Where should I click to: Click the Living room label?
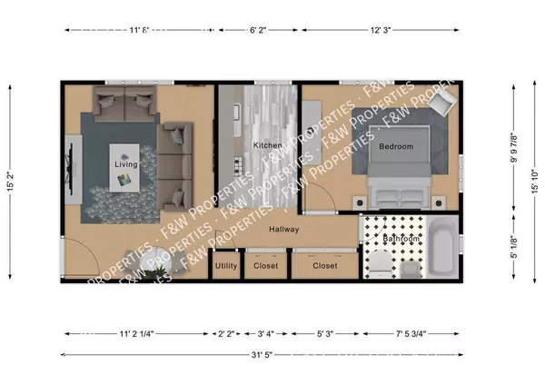125,164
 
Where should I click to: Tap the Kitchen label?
267,146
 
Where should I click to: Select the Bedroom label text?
395,146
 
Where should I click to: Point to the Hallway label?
283,229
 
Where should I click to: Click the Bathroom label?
400,239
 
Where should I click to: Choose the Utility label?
226,267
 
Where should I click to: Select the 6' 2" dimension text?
259,30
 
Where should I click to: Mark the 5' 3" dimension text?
323,333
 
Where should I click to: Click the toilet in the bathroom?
379,264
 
